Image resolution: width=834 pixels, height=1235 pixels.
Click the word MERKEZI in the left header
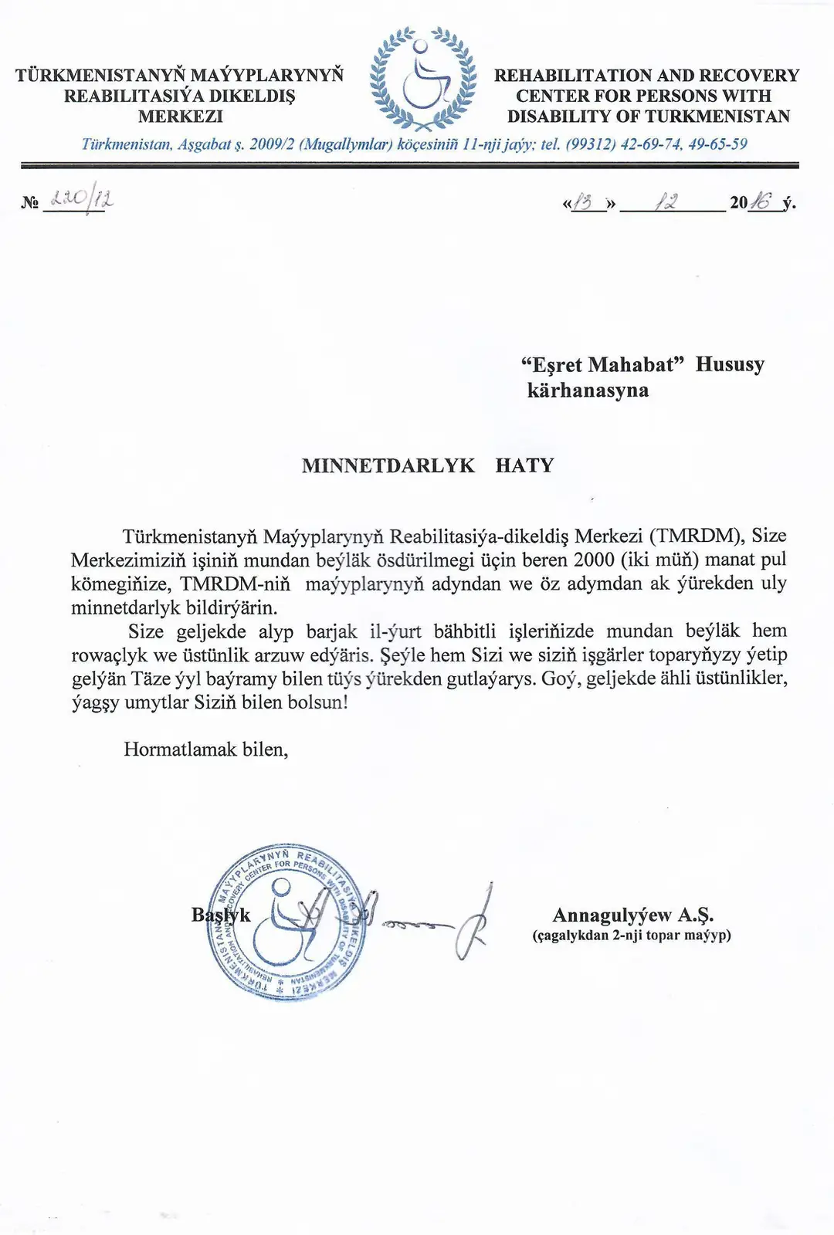click(x=181, y=117)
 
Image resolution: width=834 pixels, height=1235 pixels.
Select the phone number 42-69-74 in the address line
click(x=649, y=144)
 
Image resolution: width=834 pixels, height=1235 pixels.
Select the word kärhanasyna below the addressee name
click(x=588, y=390)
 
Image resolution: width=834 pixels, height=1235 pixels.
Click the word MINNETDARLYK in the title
click(x=388, y=465)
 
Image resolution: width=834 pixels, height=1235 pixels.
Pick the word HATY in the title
click(x=525, y=465)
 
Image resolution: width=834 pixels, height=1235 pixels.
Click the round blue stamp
click(x=288, y=922)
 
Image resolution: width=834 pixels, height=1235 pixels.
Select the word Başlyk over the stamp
click(x=221, y=915)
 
